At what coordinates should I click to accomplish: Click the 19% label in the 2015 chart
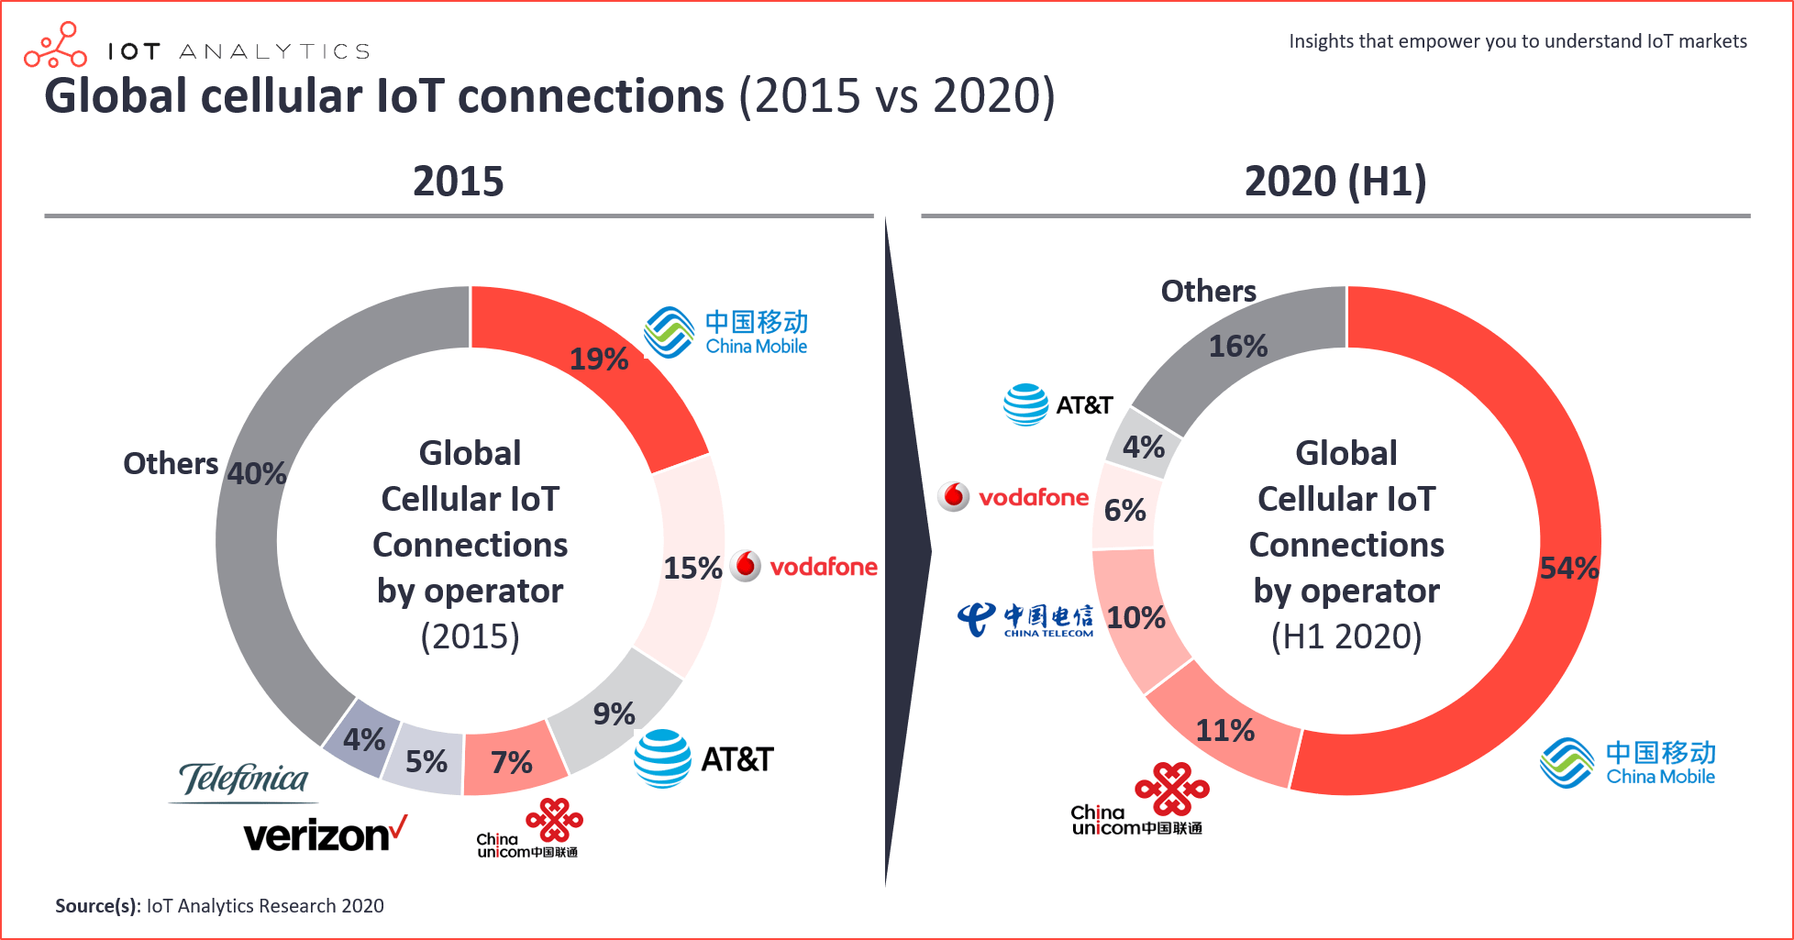599,359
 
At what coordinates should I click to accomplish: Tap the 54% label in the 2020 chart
1568,568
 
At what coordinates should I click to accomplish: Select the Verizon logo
325,835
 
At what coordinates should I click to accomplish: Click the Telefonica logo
244,780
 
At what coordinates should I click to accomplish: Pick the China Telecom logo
1025,619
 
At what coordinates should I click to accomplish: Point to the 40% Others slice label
257,473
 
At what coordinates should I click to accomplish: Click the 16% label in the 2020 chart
1237,346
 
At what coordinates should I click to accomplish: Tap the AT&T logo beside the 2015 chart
703,758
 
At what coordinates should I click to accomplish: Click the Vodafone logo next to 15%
804,567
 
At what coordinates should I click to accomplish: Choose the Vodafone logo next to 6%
1013,497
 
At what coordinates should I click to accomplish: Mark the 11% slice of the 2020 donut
1224,730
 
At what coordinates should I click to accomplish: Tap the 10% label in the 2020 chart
1135,617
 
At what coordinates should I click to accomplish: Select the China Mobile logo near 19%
725,332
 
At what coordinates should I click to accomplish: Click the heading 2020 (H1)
1334,181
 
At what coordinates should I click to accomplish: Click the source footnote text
219,906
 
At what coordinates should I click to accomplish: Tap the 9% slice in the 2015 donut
614,713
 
